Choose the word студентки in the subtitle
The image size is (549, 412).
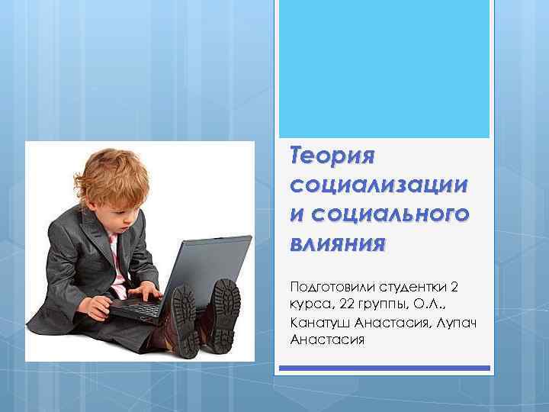[411, 288]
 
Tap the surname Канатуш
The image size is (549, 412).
[323, 322]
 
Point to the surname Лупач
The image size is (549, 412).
[457, 322]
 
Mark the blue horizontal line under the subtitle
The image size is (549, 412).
[384, 368]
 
